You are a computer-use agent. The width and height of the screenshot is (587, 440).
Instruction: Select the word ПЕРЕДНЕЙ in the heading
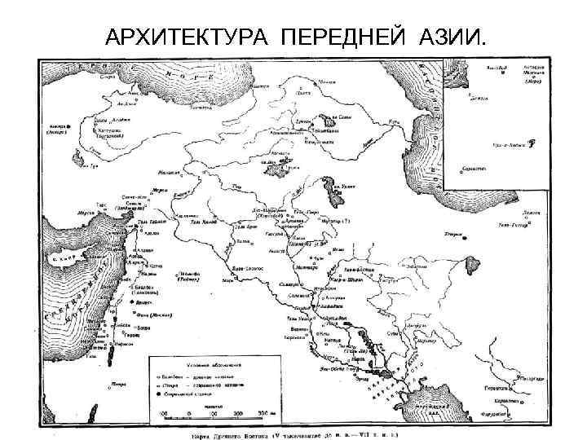coord(346,37)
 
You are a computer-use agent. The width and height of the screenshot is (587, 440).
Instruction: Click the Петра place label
coord(119,381)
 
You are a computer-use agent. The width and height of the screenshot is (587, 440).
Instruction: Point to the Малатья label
coord(168,174)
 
